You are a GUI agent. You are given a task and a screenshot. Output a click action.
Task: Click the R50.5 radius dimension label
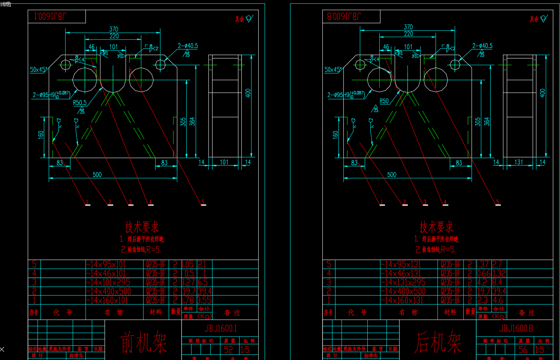point(79,102)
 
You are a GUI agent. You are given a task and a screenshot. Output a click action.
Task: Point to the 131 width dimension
point(518,162)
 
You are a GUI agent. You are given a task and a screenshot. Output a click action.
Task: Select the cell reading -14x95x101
point(106,264)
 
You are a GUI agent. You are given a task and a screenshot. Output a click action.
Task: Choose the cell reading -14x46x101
point(106,273)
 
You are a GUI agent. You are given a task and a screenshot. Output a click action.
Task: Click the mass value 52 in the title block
point(228,350)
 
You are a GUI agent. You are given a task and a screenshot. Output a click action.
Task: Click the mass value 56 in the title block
point(523,350)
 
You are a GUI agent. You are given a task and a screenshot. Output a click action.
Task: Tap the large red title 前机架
point(143,342)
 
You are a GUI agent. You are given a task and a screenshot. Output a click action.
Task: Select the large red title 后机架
point(438,342)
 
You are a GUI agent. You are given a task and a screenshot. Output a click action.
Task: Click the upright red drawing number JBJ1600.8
point(516,329)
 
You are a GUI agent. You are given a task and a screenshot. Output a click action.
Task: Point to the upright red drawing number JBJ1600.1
point(221,329)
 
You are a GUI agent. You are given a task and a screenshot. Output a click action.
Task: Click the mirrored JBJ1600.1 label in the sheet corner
point(50,16)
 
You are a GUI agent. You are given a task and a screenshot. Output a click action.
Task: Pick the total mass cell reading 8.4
point(497,282)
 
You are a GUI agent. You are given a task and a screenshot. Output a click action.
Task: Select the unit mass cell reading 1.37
point(483,264)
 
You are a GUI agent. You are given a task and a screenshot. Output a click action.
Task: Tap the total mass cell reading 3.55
point(204,300)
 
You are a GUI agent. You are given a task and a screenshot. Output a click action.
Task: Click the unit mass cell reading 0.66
point(484,273)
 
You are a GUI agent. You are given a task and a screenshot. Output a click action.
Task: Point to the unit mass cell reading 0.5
point(189,273)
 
